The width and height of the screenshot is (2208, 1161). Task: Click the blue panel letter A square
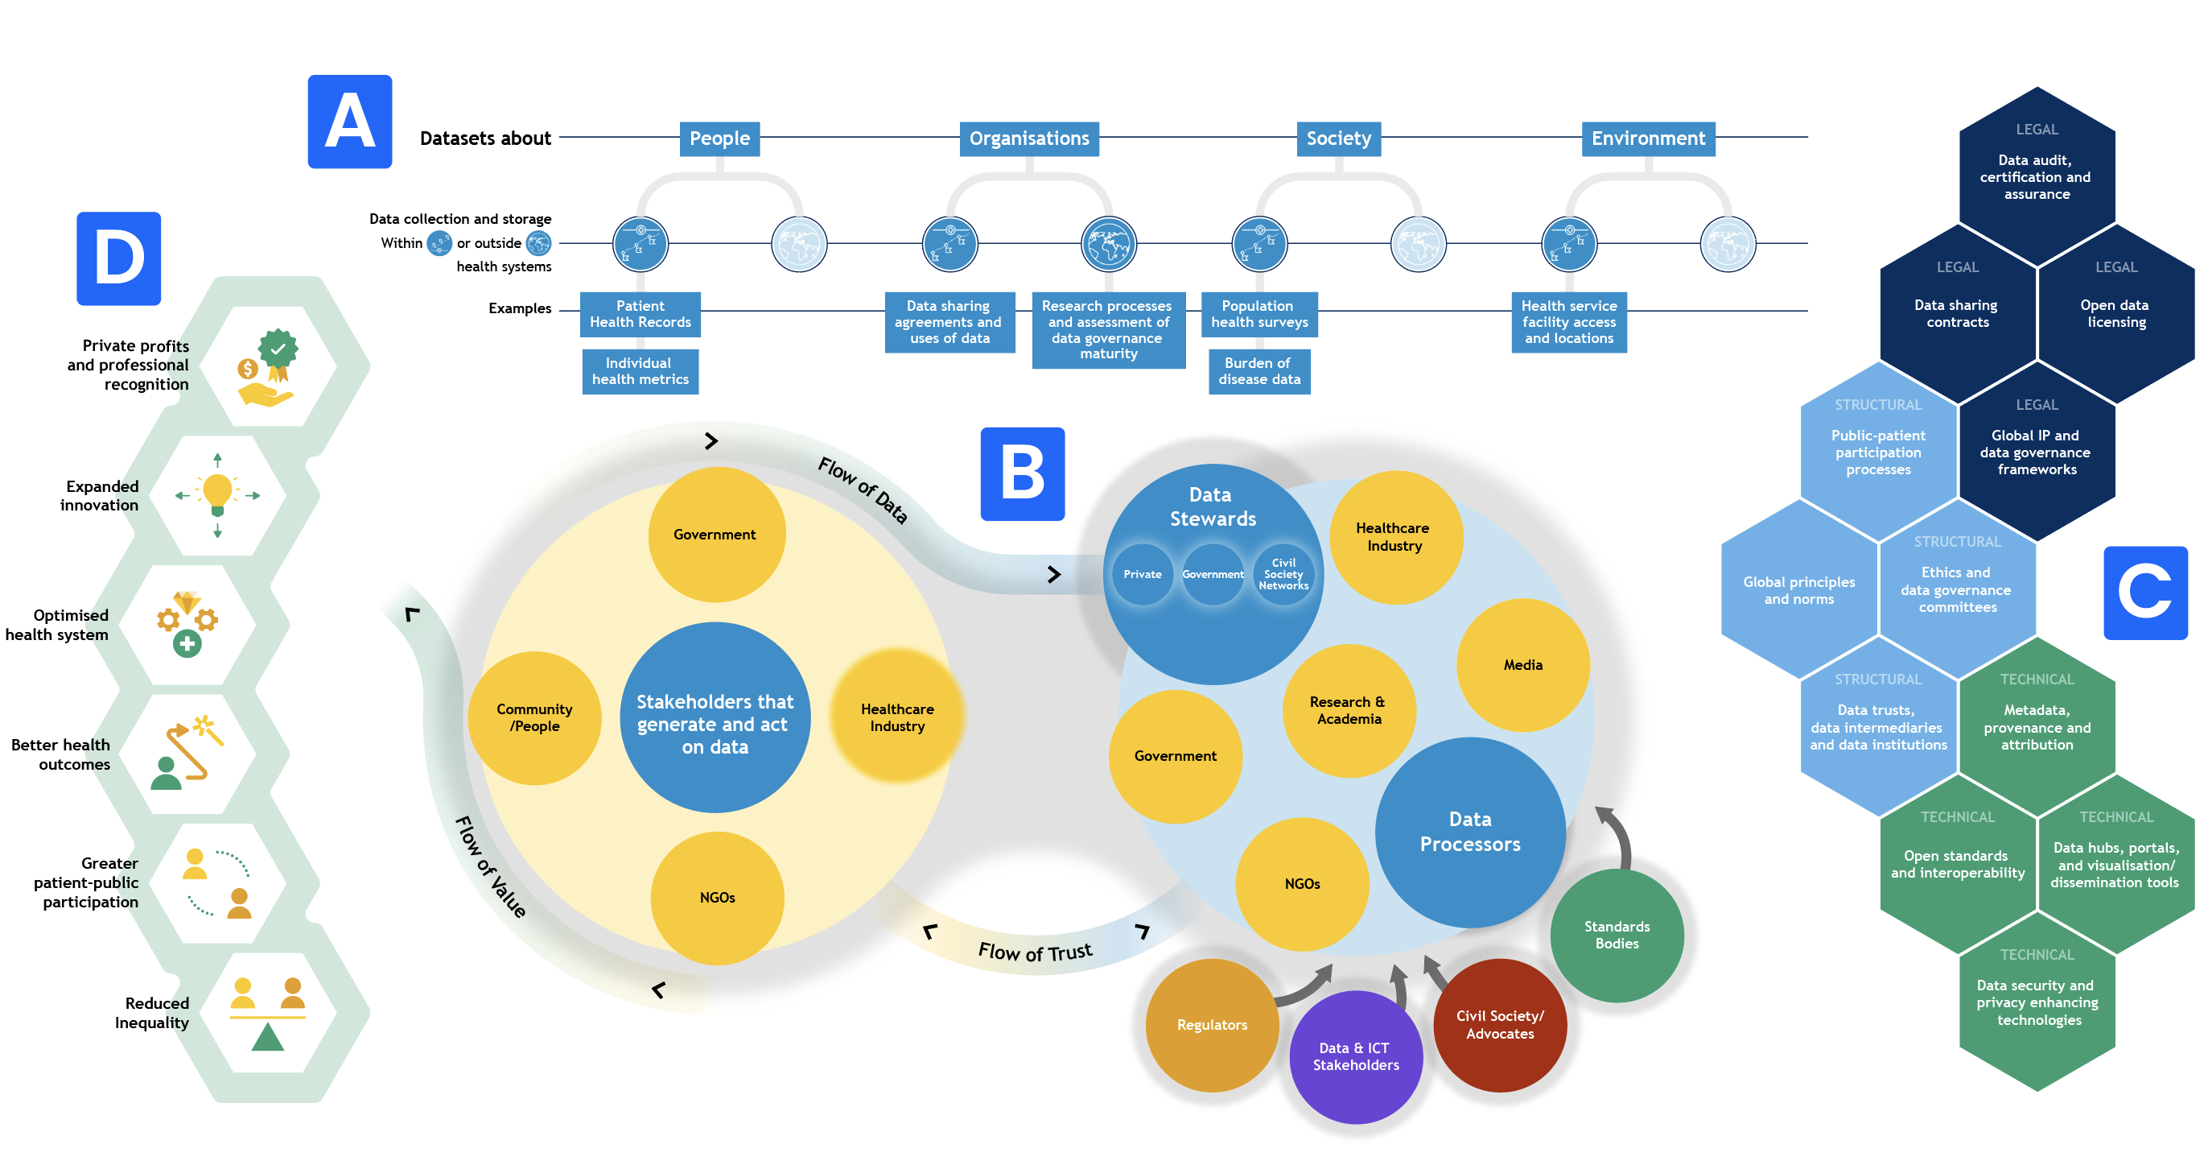click(350, 122)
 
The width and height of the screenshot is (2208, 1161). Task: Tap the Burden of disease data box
click(1259, 371)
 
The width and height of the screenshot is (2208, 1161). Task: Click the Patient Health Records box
click(641, 314)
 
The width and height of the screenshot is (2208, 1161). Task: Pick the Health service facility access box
click(1568, 321)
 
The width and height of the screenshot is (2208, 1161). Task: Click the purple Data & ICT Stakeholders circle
click(1356, 1056)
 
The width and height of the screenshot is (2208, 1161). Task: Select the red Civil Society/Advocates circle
click(1500, 1025)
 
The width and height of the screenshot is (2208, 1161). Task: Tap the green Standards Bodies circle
click(1617, 935)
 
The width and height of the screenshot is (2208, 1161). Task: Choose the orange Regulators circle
click(1212, 1025)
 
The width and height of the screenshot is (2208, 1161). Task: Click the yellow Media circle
click(1523, 664)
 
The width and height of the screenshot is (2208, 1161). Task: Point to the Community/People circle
click(535, 717)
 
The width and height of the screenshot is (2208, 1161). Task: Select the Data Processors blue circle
click(1470, 832)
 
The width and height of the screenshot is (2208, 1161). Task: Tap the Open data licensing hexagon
click(2116, 313)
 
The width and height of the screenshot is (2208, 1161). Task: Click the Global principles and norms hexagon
click(1799, 589)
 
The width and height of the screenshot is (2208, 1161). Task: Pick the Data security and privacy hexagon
click(2037, 1002)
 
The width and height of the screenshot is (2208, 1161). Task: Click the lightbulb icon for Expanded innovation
click(218, 495)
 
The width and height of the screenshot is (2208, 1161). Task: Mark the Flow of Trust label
click(1036, 952)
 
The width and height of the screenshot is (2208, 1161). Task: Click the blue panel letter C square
click(2145, 593)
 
